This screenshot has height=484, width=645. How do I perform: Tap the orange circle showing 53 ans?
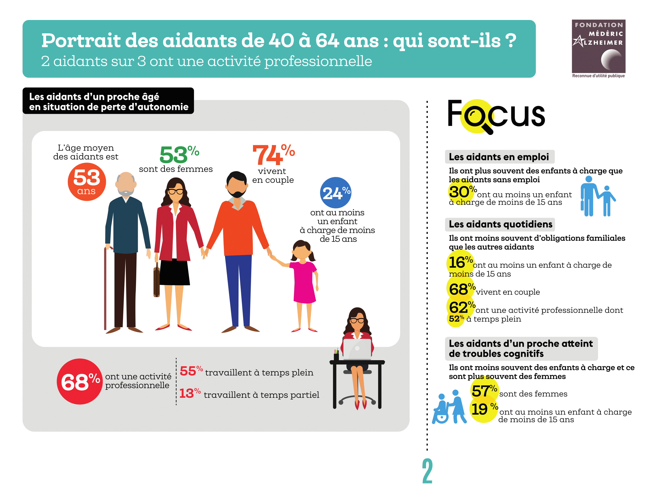pos(87,181)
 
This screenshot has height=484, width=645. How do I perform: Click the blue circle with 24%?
pos(336,193)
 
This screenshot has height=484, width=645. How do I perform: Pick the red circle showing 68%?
pos(80,381)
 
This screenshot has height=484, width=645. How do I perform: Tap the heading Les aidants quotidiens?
pos(500,224)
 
